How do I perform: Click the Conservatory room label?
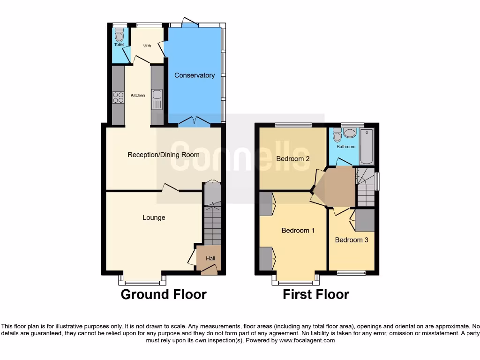195,75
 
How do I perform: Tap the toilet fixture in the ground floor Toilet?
119,35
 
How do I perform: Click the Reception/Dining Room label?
163,155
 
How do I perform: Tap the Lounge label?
154,217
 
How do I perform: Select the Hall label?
210,258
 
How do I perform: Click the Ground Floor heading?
164,294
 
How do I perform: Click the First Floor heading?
315,294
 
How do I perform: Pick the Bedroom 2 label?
292,158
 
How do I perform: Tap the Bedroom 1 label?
298,230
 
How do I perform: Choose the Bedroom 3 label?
352,240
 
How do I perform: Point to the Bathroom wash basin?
349,133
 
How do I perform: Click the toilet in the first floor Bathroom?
336,135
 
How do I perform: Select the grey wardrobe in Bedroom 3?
365,220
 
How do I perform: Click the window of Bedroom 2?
293,125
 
